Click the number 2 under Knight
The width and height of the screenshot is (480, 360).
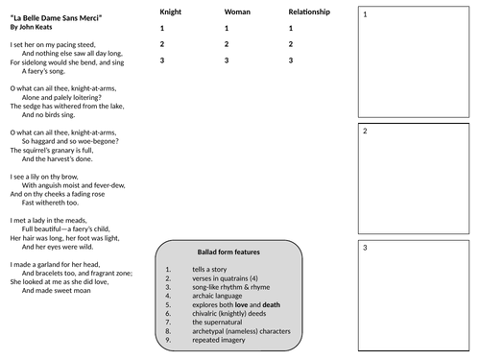(x=162, y=45)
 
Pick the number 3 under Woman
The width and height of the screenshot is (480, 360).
(x=227, y=60)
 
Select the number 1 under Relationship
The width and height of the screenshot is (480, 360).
(x=290, y=29)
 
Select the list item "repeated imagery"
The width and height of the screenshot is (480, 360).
(x=220, y=341)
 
